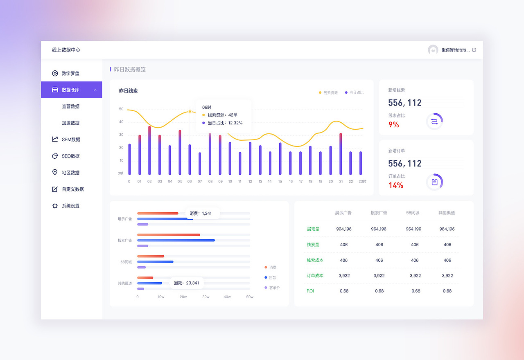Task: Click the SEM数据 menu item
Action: pos(70,139)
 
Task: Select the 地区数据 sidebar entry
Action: pos(70,173)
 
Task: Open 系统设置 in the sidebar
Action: pos(70,206)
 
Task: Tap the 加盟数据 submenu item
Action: pos(70,123)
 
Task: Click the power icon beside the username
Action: pos(474,50)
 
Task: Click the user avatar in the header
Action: pos(433,50)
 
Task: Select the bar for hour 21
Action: pos(341,154)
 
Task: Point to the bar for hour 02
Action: pos(149,151)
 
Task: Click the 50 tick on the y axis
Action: pos(121,109)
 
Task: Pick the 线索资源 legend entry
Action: pos(329,93)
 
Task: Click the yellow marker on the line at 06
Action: pos(190,111)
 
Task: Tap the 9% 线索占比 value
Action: pos(394,125)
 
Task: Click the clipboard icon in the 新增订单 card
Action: pos(434,182)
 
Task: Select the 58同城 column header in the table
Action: pos(413,213)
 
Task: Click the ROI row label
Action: pos(310,291)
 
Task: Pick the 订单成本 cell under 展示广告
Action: pos(344,276)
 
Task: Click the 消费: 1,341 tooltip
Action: pos(201,214)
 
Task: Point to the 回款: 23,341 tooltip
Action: pos(187,283)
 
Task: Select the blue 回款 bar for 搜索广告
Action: pos(176,240)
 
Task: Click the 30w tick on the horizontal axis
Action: pos(206,297)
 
